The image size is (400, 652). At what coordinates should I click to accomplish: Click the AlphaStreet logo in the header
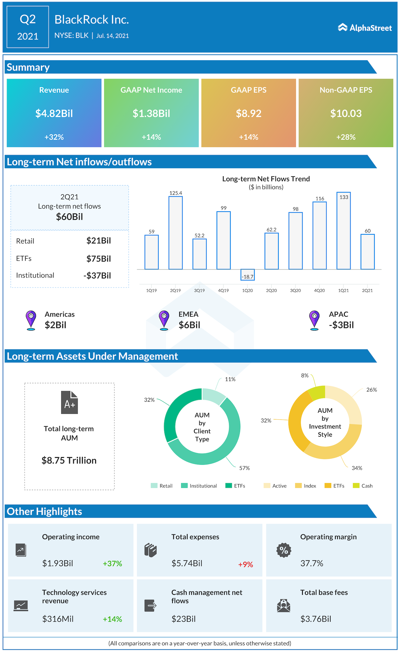click(x=365, y=28)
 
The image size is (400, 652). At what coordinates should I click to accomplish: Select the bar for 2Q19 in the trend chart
click(x=175, y=233)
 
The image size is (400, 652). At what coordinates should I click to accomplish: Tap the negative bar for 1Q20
click(x=247, y=275)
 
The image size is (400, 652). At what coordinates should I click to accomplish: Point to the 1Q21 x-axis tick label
click(x=343, y=290)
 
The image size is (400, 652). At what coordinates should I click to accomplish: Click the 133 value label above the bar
click(x=344, y=197)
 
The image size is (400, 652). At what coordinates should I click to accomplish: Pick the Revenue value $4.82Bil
click(x=54, y=113)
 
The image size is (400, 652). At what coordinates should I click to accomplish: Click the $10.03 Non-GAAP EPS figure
click(x=346, y=113)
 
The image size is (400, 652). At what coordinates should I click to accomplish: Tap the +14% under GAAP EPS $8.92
click(x=248, y=137)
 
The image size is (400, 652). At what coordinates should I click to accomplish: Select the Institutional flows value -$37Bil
click(x=97, y=276)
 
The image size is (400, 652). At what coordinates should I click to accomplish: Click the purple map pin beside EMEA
click(x=164, y=320)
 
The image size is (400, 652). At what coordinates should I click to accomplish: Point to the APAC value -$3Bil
click(x=341, y=325)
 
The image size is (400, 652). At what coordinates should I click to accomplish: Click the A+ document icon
click(x=69, y=402)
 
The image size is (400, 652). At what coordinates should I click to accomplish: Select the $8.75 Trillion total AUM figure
click(x=69, y=460)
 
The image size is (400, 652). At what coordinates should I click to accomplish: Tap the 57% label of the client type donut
click(x=244, y=468)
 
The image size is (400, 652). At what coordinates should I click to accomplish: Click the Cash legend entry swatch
click(x=356, y=486)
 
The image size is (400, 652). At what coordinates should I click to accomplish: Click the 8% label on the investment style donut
click(x=305, y=375)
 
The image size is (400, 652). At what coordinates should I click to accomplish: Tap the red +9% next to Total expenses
click(x=245, y=564)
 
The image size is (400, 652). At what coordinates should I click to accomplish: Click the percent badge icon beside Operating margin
click(x=284, y=550)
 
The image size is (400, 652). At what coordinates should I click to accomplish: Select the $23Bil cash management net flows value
click(x=183, y=619)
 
